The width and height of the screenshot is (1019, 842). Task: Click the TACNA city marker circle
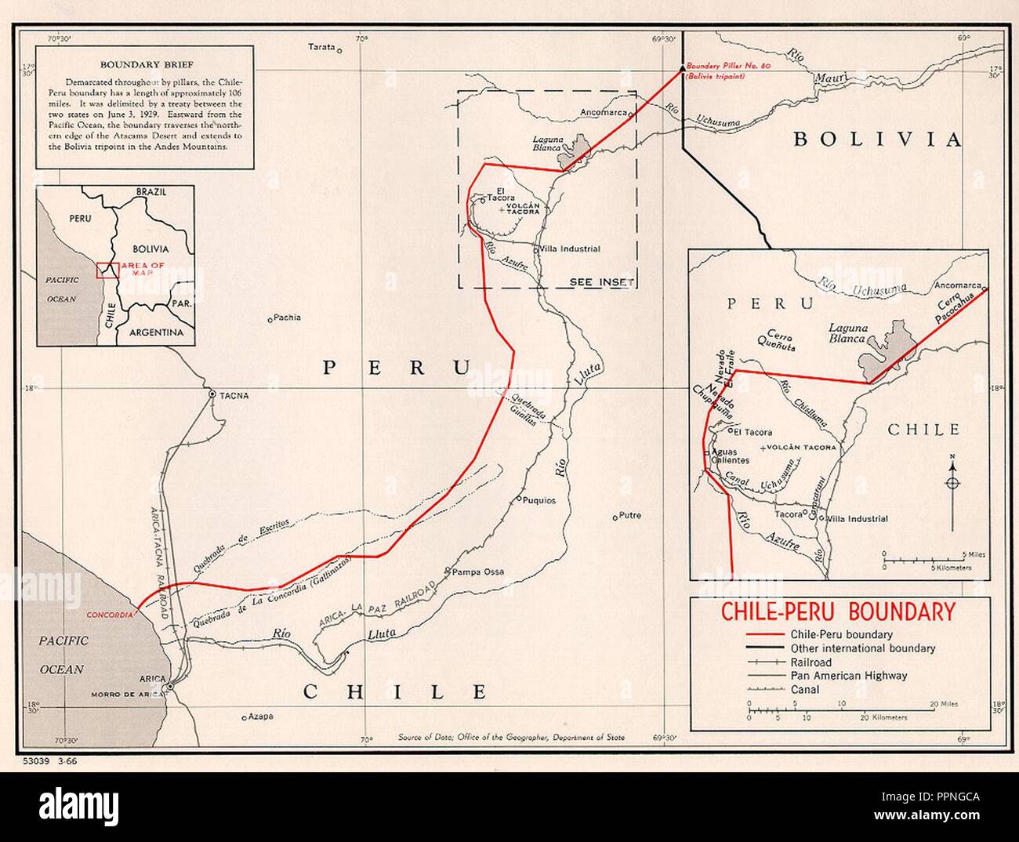tap(212, 394)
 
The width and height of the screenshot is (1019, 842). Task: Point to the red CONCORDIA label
tap(111, 615)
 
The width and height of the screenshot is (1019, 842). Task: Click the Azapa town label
tap(261, 715)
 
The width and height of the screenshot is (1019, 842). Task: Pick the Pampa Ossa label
tap(478, 571)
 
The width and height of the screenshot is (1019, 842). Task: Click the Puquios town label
tap(541, 499)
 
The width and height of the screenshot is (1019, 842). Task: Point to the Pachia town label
tap(288, 318)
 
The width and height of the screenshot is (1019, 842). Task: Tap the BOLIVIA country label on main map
tap(877, 140)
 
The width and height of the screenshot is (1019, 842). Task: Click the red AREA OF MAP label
tap(143, 269)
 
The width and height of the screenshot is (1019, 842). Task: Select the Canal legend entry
tap(805, 689)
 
